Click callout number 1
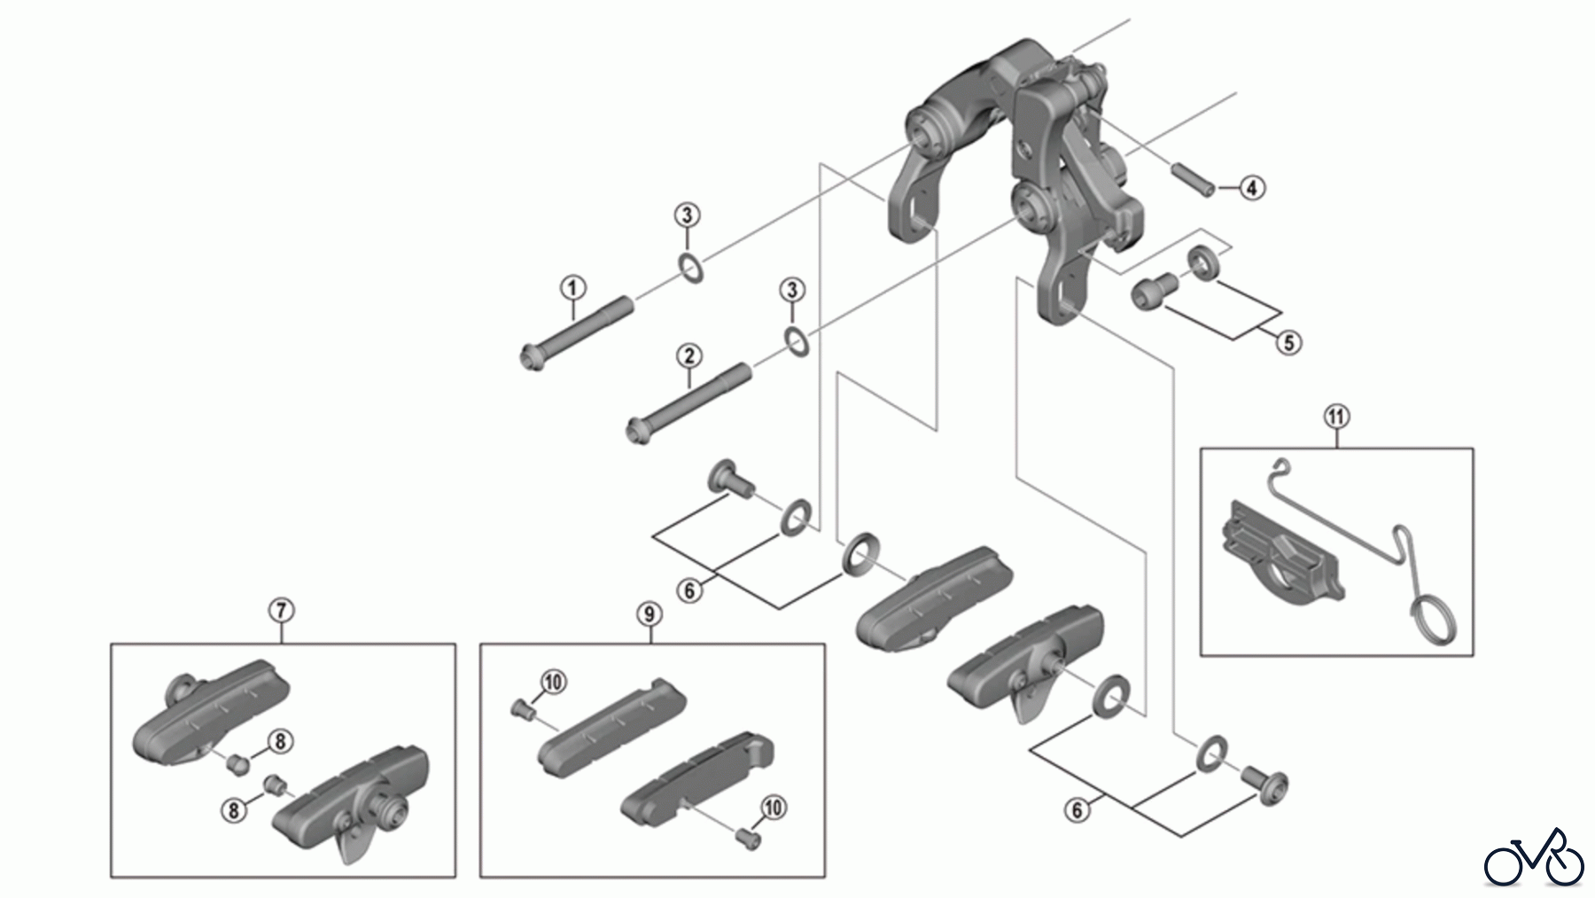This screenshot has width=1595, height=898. click(x=572, y=288)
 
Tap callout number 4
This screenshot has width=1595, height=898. click(x=1251, y=188)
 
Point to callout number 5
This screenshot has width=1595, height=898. click(x=1288, y=341)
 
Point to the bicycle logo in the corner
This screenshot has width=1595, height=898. click(x=1534, y=858)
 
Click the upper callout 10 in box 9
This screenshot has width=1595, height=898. click(x=553, y=682)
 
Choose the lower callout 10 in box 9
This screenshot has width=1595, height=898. click(x=773, y=808)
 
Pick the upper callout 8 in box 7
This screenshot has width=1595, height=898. click(x=279, y=741)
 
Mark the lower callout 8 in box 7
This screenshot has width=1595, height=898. click(x=235, y=808)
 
